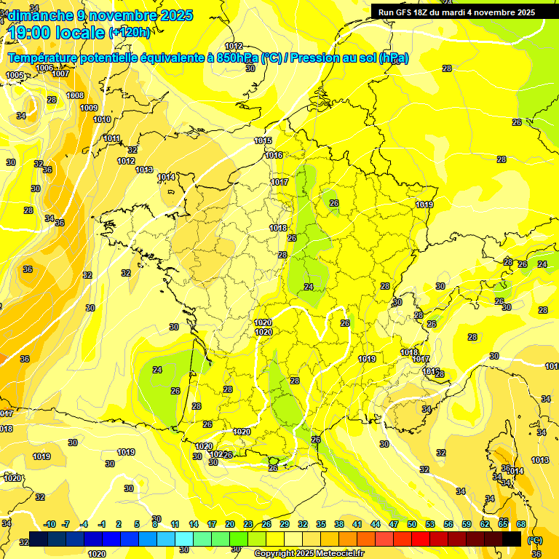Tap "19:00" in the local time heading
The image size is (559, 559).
[31, 32]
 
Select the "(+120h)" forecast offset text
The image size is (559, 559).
[130, 32]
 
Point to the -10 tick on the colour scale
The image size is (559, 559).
[50, 524]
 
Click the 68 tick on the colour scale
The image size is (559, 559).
[521, 524]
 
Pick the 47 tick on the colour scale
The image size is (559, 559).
[394, 524]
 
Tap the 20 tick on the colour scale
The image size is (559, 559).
[229, 524]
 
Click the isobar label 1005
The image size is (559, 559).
[15, 75]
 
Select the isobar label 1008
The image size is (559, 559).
[75, 95]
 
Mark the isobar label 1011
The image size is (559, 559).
[112, 139]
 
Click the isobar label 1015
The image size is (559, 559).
[263, 141]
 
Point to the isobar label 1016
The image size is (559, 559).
[274, 155]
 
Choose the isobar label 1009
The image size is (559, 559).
[89, 108]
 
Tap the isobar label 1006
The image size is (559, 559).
[44, 68]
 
